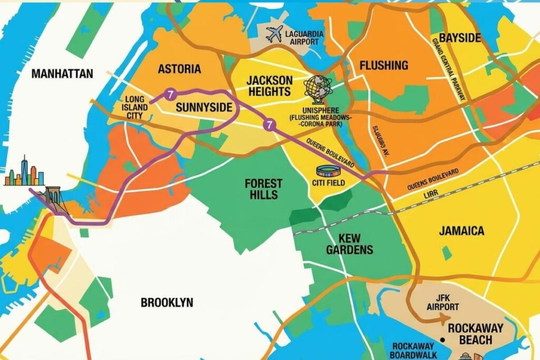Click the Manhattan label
click(x=62, y=74)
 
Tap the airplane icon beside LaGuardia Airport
click(x=274, y=35)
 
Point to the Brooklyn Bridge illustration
click(x=53, y=199)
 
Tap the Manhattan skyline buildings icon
click(x=24, y=172)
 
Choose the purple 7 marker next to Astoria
click(x=170, y=95)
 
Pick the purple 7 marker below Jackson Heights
click(x=269, y=125)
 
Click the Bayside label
click(x=460, y=38)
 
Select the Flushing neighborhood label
click(x=383, y=65)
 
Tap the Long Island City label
click(x=134, y=108)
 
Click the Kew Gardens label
click(x=349, y=244)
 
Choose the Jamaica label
click(x=461, y=231)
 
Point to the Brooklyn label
click(x=167, y=303)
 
